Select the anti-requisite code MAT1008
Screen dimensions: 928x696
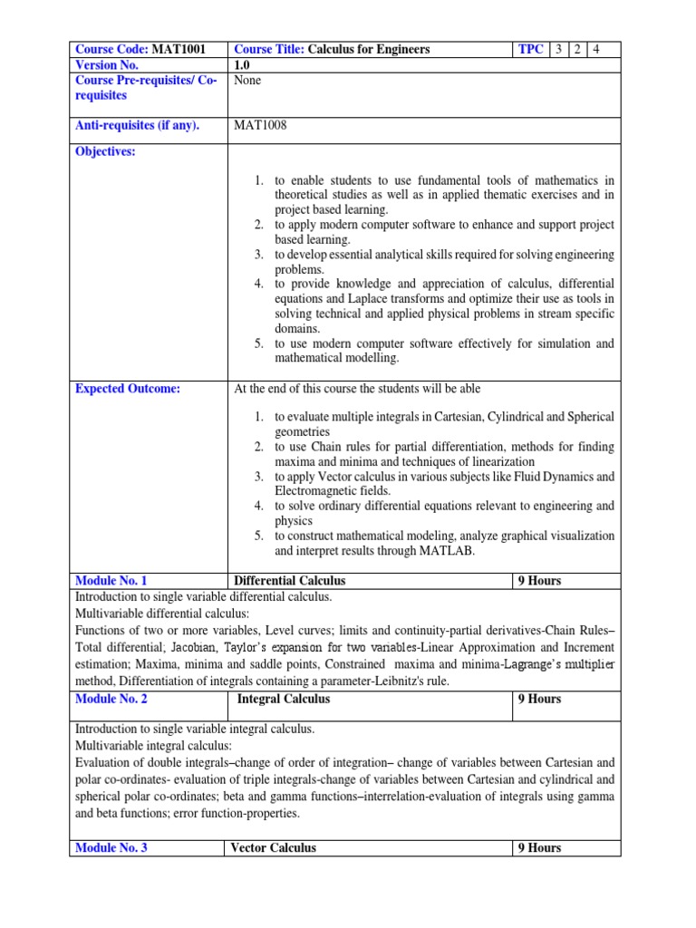(x=260, y=125)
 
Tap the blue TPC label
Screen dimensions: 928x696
(x=530, y=49)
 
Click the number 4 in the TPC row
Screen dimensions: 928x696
(x=595, y=49)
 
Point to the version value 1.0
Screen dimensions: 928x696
(x=243, y=64)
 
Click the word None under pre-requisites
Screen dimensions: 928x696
(x=247, y=80)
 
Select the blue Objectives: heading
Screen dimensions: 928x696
(x=105, y=151)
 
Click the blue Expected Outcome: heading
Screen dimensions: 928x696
(x=128, y=389)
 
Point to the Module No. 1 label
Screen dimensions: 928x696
(x=111, y=580)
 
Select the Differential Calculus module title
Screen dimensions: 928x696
(x=289, y=580)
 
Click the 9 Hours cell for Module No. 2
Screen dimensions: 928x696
(x=539, y=699)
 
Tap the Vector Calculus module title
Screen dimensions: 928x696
(x=273, y=848)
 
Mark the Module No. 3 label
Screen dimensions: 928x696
(x=111, y=848)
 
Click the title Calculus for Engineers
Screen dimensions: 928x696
(x=369, y=49)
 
